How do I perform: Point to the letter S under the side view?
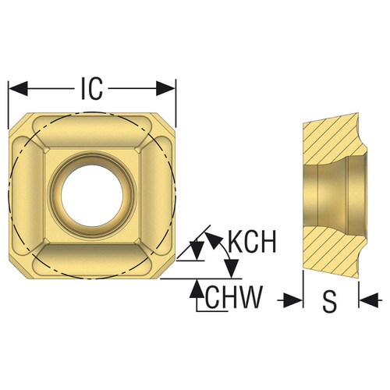coord(330,300)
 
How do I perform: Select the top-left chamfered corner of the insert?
coord(16,121)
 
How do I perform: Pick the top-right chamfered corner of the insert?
coord(168,121)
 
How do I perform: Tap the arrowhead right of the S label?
coord(368,300)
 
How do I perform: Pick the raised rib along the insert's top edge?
coord(92,129)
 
